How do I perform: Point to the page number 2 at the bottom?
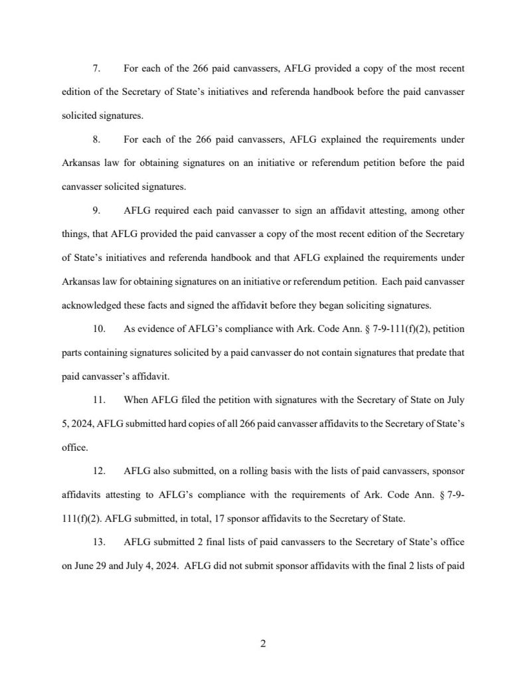pos(263,643)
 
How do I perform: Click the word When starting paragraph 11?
pos(137,400)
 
